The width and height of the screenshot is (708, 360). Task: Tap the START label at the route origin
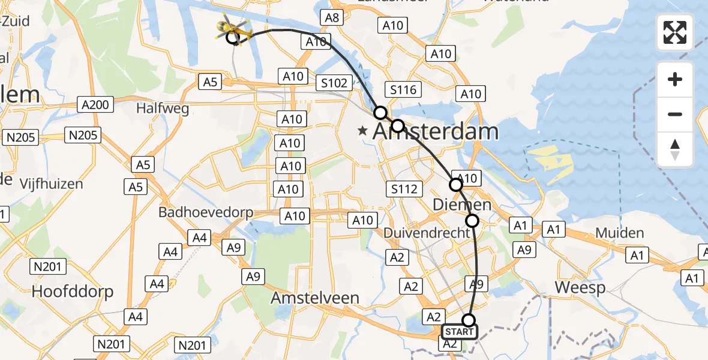[x=460, y=332]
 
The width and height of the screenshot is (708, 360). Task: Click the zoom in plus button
[x=675, y=79]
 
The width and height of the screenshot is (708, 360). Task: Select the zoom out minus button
[x=675, y=114]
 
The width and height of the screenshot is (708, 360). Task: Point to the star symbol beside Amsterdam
[x=362, y=130]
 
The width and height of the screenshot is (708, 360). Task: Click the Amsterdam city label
[x=436, y=131]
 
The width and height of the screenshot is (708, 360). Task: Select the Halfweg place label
[x=163, y=109]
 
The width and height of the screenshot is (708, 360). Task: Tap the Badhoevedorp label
[x=206, y=212]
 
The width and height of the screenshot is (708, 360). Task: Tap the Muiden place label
[x=619, y=233]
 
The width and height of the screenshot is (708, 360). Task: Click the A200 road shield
[x=95, y=105]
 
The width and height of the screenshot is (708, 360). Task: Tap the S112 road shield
[x=403, y=190]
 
